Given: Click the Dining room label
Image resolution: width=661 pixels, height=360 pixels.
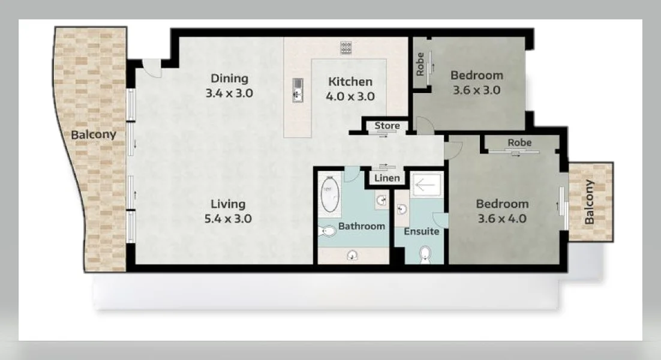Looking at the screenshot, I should (x=229, y=78).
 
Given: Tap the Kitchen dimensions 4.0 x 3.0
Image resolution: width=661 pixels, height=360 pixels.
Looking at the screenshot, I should (x=350, y=96).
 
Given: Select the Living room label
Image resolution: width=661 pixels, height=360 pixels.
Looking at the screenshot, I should (x=227, y=203).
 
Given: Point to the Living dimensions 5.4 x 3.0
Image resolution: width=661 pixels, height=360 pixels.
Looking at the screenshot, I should (x=227, y=218).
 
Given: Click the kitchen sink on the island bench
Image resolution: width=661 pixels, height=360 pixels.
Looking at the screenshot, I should (x=297, y=90).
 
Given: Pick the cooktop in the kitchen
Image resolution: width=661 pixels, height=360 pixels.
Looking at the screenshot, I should (x=346, y=47).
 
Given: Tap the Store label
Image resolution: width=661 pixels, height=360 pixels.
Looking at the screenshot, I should (x=387, y=126).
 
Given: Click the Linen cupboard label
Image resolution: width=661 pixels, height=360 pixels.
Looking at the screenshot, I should (x=387, y=178).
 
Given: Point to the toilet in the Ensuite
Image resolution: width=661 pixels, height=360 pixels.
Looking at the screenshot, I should (x=425, y=254).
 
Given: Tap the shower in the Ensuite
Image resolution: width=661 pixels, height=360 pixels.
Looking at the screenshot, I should (x=428, y=184).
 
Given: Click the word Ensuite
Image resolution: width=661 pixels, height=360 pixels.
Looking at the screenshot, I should (x=421, y=231).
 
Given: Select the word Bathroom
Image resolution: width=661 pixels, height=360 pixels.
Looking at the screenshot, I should (x=361, y=226).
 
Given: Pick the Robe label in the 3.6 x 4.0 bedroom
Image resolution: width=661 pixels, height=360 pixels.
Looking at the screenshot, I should (x=519, y=143).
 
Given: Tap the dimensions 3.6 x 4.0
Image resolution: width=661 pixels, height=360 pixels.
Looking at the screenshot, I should (x=502, y=218).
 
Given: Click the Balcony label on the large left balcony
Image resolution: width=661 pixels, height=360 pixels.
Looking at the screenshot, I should (x=94, y=134).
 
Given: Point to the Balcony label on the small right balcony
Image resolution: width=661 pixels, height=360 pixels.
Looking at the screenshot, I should (x=590, y=202).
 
